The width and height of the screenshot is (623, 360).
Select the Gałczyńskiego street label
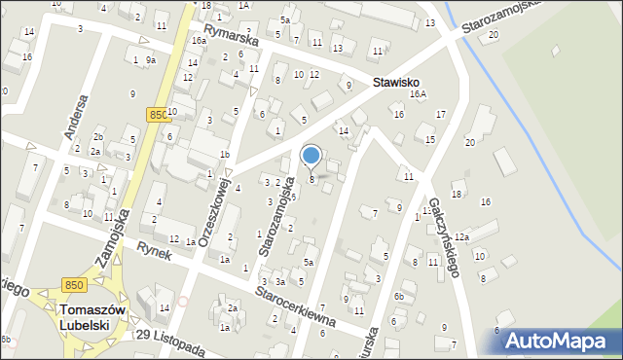click(x=440, y=239)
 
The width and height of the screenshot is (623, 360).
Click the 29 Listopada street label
click(x=170, y=342)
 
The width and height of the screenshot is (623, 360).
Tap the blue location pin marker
click(x=311, y=156)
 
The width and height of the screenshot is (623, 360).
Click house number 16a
click(x=199, y=41)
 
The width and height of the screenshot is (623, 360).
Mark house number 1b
click(x=224, y=154)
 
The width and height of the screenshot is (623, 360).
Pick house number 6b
click(x=398, y=296)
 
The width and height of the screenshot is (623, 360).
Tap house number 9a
click(x=150, y=60)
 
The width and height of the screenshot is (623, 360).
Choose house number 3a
click(x=279, y=281)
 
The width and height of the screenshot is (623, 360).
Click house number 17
click(x=440, y=115)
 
